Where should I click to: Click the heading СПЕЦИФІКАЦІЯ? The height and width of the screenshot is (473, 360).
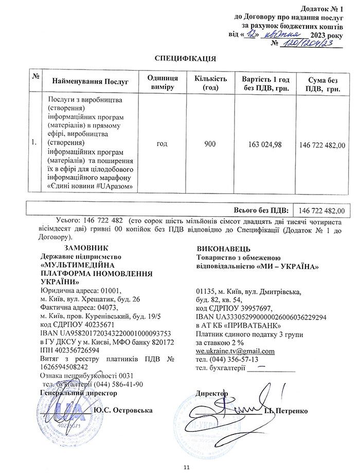click(x=185, y=59)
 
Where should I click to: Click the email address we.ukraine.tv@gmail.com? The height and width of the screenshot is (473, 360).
click(x=235, y=351)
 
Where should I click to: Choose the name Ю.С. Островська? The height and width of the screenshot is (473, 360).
click(x=123, y=411)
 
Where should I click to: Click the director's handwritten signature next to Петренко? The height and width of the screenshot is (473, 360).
click(x=242, y=407)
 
